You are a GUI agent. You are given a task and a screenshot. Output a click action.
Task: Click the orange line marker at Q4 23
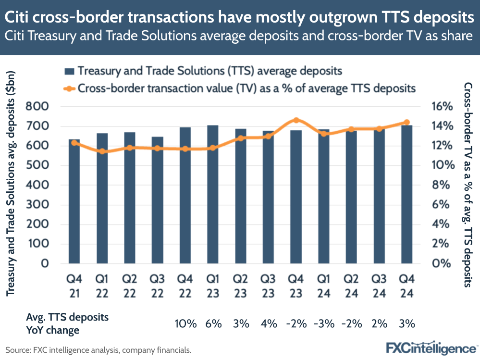click(x=296, y=120)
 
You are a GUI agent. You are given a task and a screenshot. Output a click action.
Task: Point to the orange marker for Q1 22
click(x=102, y=151)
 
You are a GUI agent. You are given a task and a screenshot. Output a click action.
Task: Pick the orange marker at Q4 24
click(x=406, y=122)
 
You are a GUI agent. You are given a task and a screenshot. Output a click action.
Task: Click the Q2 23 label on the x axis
click(x=241, y=285)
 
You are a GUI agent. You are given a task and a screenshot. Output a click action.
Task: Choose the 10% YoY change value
click(x=185, y=323)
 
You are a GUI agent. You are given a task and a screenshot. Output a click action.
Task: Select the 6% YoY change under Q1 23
click(x=213, y=323)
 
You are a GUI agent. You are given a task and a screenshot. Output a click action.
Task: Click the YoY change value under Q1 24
click(x=323, y=323)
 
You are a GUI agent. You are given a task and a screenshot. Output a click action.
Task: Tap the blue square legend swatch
click(x=70, y=71)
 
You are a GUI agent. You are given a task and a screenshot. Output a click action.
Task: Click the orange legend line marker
click(x=70, y=88)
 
